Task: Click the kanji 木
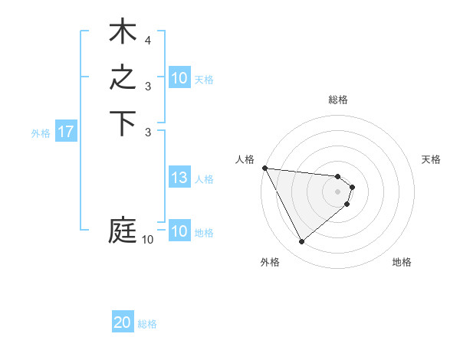[x=123, y=34]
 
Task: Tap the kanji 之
[x=123, y=79]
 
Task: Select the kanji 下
[x=123, y=124]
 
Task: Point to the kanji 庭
[x=123, y=230]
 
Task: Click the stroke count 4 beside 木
[x=147, y=40]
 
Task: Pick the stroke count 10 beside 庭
[x=147, y=240]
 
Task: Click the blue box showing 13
[x=179, y=178]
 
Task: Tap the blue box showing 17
[x=66, y=132]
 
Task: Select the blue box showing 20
[x=123, y=323]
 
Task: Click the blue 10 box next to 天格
[x=179, y=78]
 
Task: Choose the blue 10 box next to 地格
[x=179, y=231]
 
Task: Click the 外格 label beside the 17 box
[x=41, y=133]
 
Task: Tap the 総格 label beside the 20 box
[x=147, y=324]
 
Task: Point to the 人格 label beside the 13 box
[x=204, y=179]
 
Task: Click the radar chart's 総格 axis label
[x=338, y=100]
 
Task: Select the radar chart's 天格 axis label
[x=432, y=159]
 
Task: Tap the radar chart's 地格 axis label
[x=402, y=262]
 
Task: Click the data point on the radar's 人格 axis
[x=264, y=168]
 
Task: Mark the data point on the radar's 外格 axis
[x=301, y=242]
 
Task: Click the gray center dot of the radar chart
[x=338, y=191]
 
